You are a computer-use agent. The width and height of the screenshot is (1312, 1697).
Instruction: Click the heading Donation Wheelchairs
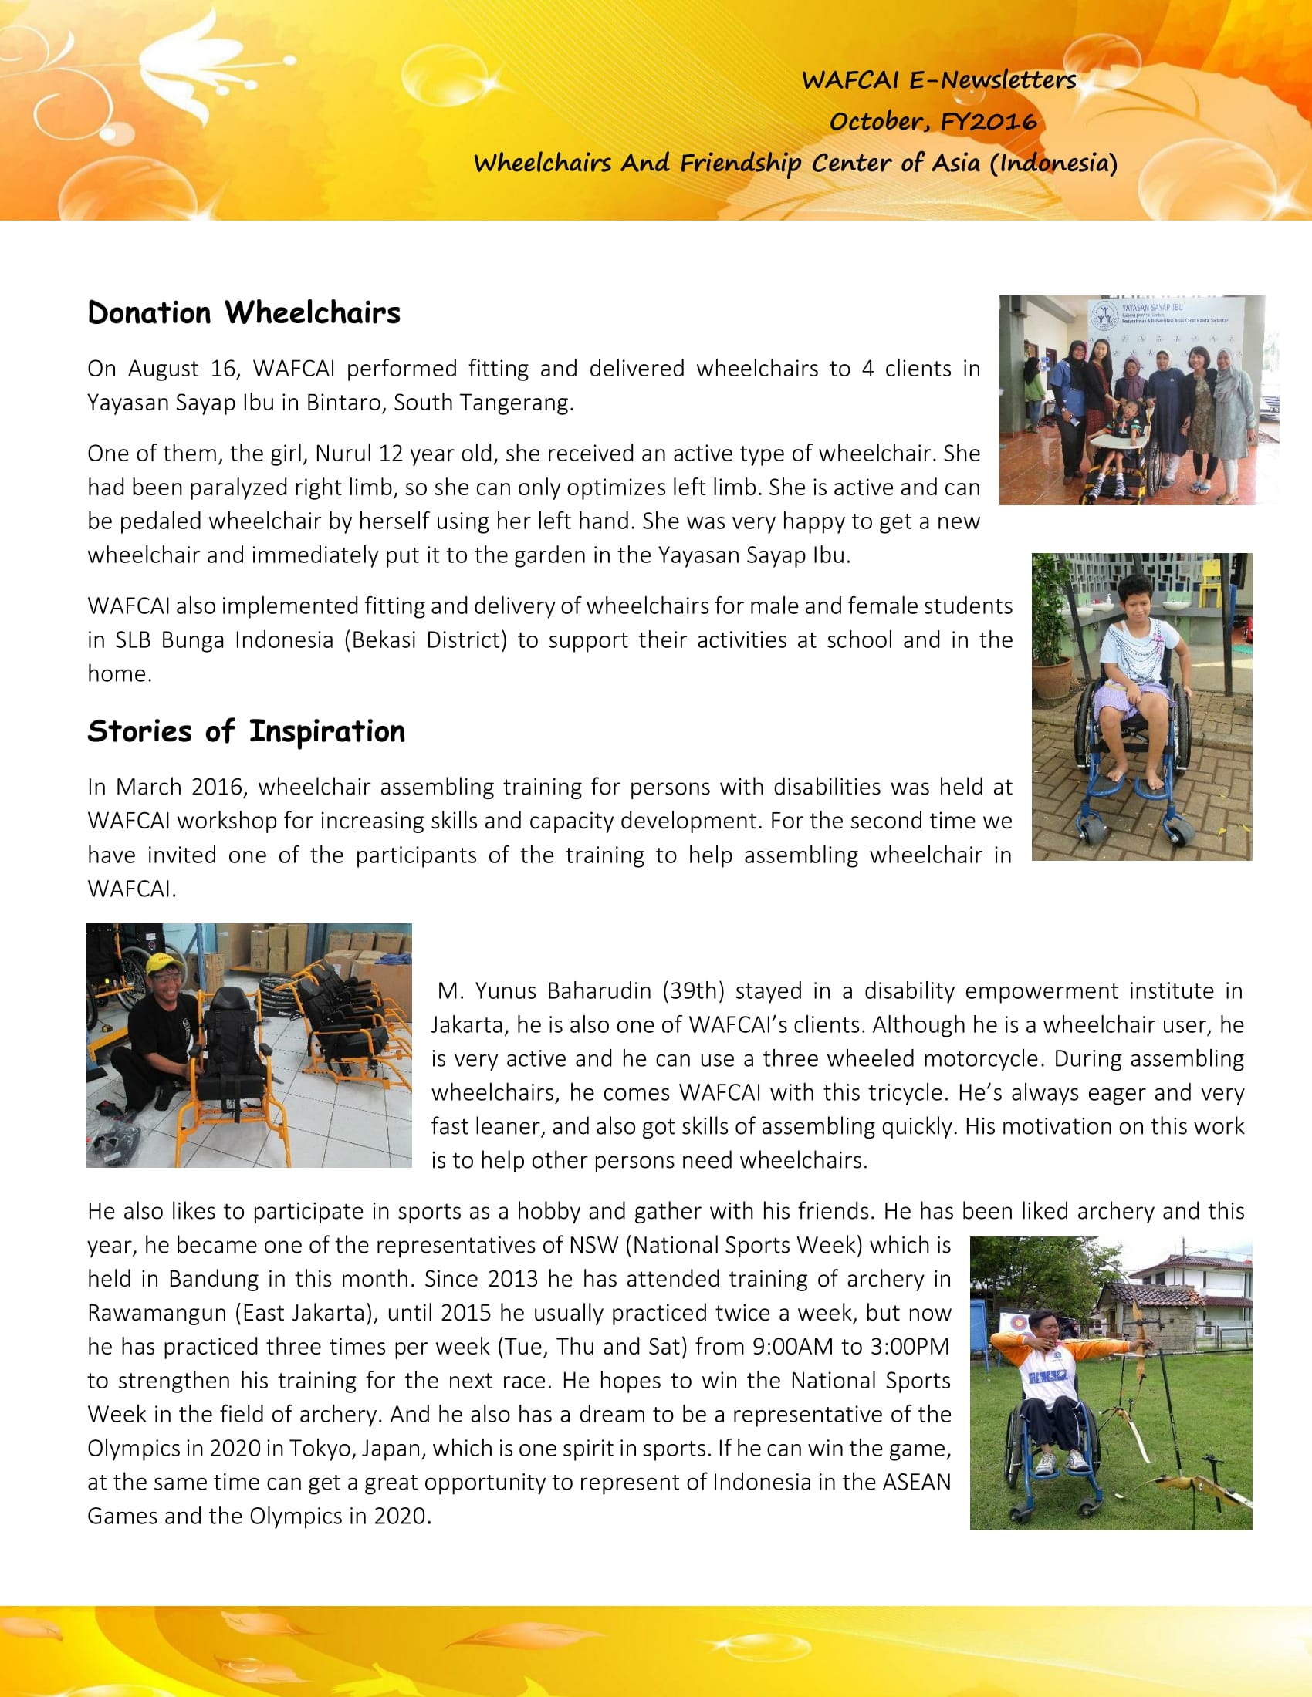click(243, 313)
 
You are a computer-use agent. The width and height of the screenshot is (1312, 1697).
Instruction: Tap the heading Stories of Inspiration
click(245, 732)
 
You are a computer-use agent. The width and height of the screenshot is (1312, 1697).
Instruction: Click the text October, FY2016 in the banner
click(933, 121)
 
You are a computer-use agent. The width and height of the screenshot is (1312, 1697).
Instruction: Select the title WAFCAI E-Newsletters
click(938, 79)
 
